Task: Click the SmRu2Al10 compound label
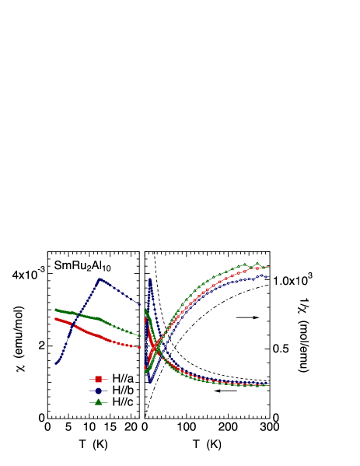[82, 266]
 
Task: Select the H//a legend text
[121, 379]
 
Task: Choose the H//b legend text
[121, 391]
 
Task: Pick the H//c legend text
[121, 402]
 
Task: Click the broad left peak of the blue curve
[100, 279]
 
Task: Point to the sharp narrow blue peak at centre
[150, 279]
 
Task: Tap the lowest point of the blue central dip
[150, 383]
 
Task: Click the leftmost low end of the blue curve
[56, 363]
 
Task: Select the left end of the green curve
[55, 310]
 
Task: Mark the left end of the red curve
[55, 317]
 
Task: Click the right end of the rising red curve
[268, 267]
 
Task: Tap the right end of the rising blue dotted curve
[266, 276]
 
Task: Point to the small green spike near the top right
[257, 263]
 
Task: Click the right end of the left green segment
[141, 335]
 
